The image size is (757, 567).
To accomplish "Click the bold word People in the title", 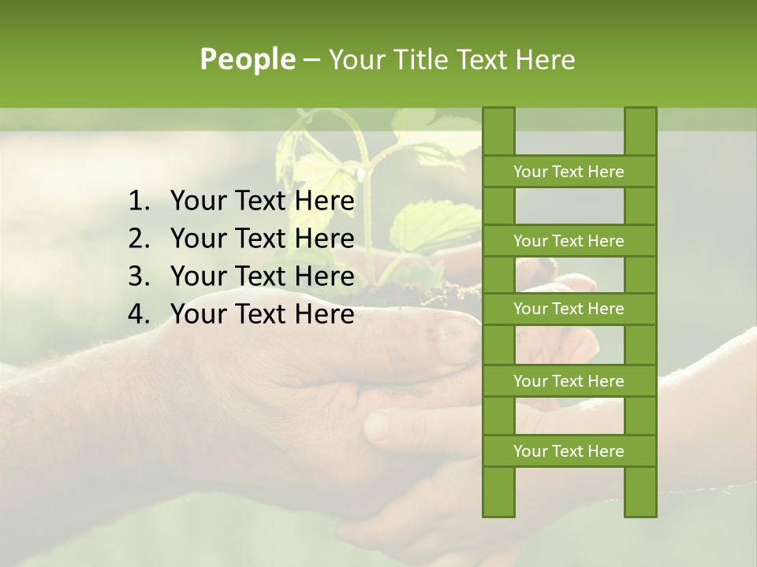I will (x=247, y=59).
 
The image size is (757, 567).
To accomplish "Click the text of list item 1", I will (x=262, y=202).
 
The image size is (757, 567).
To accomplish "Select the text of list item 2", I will (x=262, y=239).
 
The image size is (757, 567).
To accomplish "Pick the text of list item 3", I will (x=262, y=276).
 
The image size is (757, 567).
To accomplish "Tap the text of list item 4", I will (x=262, y=314).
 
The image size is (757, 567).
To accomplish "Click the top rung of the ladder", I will (x=569, y=172).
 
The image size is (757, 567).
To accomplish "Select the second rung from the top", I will (x=569, y=241).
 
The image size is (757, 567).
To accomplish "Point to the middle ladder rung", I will (x=569, y=309).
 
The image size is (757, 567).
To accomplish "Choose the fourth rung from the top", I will (x=569, y=381).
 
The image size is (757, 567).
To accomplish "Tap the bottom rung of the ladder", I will (x=569, y=451).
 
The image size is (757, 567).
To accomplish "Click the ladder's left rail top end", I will (x=498, y=114).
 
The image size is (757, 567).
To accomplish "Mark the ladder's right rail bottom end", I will (x=640, y=508).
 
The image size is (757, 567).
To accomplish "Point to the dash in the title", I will (x=311, y=60).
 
